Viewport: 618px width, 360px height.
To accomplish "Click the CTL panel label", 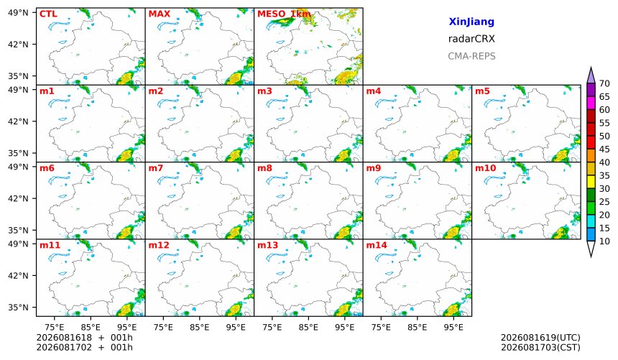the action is [x=48, y=14].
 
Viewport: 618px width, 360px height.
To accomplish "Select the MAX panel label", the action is [x=160, y=14].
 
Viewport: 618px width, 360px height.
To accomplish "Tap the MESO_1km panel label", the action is [x=284, y=14].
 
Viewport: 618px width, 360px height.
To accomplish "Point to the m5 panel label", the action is [x=482, y=91].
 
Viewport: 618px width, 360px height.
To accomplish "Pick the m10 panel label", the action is [x=485, y=168].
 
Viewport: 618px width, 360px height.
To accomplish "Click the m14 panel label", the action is [x=377, y=245].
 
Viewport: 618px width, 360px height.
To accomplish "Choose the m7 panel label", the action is [x=156, y=168].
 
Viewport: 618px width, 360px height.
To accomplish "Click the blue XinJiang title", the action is [x=471, y=22].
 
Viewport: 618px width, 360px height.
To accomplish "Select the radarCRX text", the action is [x=471, y=39].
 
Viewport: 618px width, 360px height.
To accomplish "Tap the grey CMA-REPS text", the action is [x=471, y=56].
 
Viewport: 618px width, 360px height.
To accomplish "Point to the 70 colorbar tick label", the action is [x=604, y=83].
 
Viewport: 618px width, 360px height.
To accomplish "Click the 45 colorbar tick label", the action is [x=604, y=149].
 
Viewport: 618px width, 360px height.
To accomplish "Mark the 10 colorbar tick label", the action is [x=604, y=241].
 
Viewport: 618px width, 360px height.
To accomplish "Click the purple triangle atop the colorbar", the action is [x=591, y=76].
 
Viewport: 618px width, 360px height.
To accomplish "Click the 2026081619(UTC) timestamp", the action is [x=540, y=338].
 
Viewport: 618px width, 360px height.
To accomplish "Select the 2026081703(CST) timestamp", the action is [x=540, y=348].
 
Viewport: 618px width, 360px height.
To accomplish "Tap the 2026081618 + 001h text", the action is [x=84, y=338].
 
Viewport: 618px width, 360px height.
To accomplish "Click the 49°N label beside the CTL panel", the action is [x=18, y=13].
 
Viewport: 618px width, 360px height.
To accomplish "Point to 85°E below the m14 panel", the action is [x=417, y=327].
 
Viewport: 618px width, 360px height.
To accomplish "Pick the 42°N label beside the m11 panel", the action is [x=18, y=276].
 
